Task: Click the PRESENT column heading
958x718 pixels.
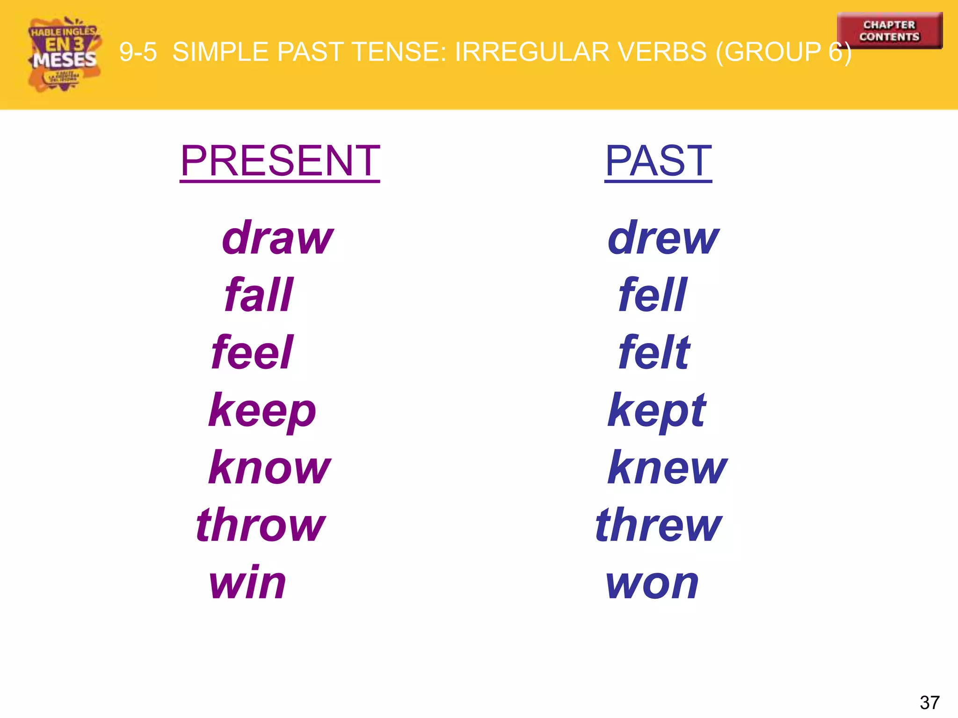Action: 280,161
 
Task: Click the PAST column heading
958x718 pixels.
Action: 658,161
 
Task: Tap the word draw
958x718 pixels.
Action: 278,238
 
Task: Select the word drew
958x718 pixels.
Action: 663,238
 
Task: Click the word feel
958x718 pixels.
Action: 252,352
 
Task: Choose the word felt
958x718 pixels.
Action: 654,352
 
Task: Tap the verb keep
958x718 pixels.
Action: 262,411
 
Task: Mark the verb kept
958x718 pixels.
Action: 657,411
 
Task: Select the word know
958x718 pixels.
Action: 269,467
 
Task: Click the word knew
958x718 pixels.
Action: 667,467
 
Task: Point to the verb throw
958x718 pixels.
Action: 261,525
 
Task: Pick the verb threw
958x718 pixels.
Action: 659,525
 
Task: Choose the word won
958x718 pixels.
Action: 652,583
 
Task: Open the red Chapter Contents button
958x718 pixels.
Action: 889,31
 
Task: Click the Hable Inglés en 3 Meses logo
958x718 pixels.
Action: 64,54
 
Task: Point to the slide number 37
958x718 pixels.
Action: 929,702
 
